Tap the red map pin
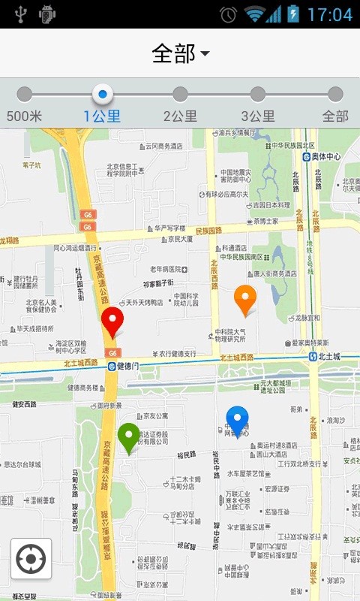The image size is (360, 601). pyautogui.click(x=112, y=321)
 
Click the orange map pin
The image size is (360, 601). pyautogui.click(x=245, y=299)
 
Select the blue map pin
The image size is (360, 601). pyautogui.click(x=237, y=420)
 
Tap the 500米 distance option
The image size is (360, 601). pyautogui.click(x=24, y=116)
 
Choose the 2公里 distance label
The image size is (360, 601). pyautogui.click(x=180, y=116)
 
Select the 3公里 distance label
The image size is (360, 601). pyautogui.click(x=257, y=116)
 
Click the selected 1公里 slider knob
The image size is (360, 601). pyautogui.click(x=103, y=94)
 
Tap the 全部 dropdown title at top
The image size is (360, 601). pyautogui.click(x=180, y=53)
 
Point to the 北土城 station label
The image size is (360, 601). pyautogui.click(x=328, y=357)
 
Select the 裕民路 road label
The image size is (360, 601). pyautogui.click(x=187, y=455)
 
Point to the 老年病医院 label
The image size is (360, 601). pyautogui.click(x=166, y=269)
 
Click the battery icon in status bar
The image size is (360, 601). pyautogui.click(x=293, y=14)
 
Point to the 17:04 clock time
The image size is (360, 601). pyautogui.click(x=329, y=14)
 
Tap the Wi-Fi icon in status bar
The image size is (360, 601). pyautogui.click(x=255, y=14)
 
